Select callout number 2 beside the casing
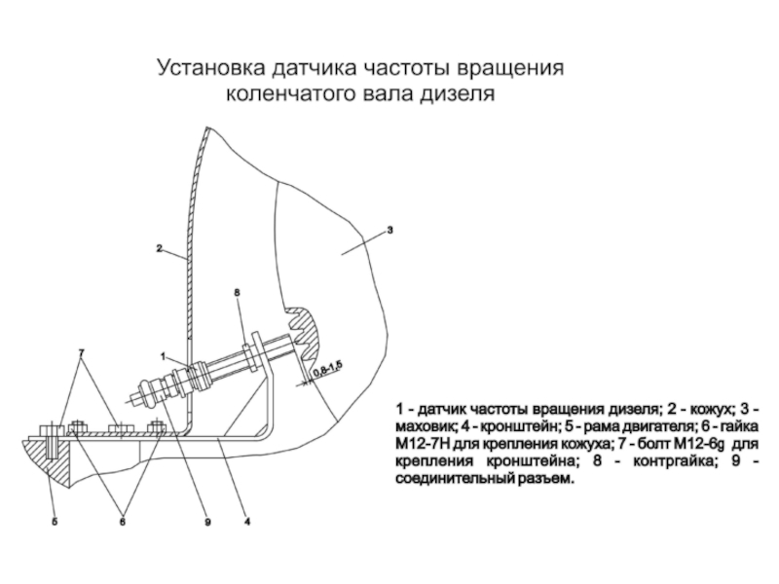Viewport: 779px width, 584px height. click(159, 248)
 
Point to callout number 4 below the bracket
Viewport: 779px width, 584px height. click(247, 522)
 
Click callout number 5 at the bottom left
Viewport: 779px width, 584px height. click(55, 522)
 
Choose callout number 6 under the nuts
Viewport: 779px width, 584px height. click(124, 522)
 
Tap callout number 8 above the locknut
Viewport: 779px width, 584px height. click(238, 291)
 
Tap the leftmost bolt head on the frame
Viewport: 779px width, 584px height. click(47, 428)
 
